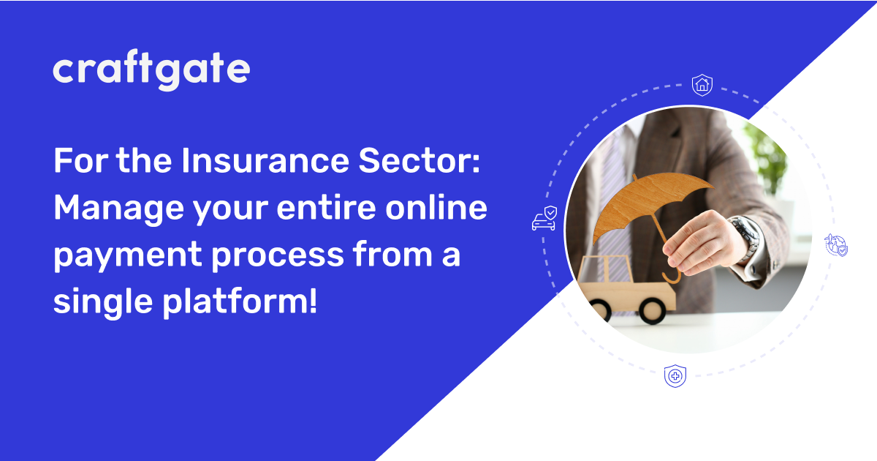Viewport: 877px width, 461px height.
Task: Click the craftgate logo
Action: point(151,70)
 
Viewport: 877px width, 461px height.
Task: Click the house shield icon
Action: point(702,85)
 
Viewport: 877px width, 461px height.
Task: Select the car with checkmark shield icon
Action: point(544,219)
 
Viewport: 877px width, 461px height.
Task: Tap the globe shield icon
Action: point(836,245)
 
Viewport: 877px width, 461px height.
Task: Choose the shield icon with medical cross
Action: point(675,376)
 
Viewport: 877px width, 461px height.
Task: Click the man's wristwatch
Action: point(745,238)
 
